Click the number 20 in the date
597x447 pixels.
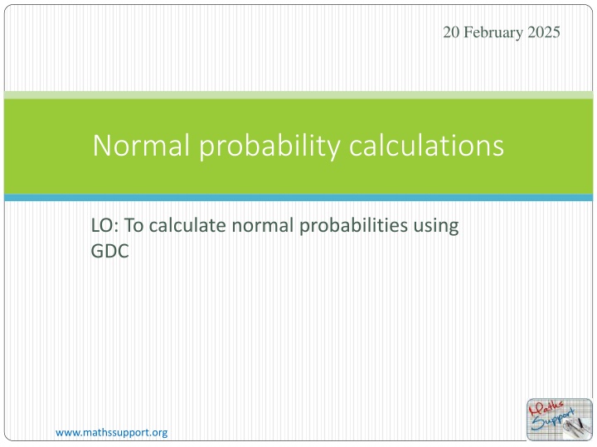pos(449,32)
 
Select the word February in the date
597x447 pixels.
pos(493,32)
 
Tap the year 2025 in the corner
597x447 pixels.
pos(544,32)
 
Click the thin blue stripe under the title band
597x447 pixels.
pos(298,198)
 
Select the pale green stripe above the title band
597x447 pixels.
pos(298,95)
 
